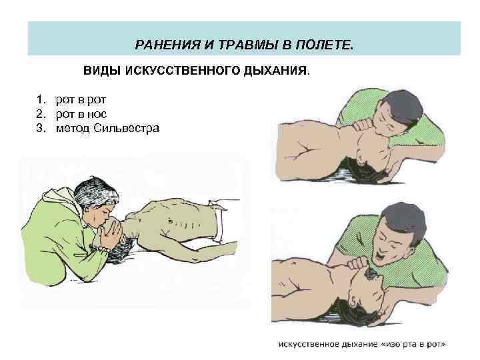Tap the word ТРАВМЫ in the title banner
[247, 45]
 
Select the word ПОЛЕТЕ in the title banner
[324, 45]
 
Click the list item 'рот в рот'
[81, 100]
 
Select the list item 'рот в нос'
[81, 114]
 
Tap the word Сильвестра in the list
[126, 128]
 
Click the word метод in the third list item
[73, 129]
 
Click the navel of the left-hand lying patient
[170, 221]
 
